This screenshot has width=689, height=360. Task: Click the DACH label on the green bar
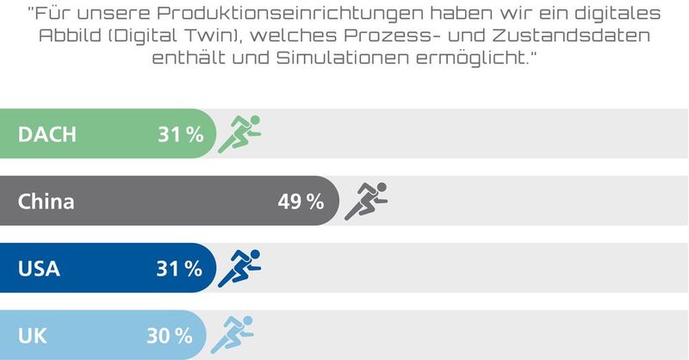(47, 134)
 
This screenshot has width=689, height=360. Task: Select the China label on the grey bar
(47, 202)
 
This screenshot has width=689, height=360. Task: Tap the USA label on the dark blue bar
(40, 269)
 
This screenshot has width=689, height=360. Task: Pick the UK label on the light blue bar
(32, 336)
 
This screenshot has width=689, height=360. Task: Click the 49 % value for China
(301, 202)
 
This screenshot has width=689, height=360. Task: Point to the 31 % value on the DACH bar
(179, 134)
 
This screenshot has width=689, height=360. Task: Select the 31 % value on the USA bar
(179, 269)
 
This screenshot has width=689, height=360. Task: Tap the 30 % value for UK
(172, 336)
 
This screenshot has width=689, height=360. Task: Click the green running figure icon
(239, 133)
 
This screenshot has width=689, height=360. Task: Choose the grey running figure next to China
(366, 201)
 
